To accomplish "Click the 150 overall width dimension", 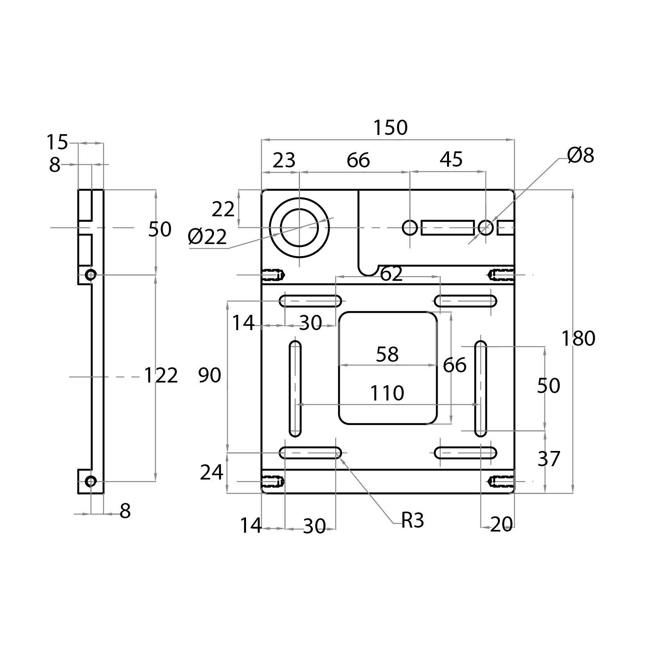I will pyautogui.click(x=390, y=128).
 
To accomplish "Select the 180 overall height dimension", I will pyautogui.click(x=578, y=339).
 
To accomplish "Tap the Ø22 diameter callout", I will pyautogui.click(x=207, y=237).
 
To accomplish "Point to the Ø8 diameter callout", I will pyautogui.click(x=580, y=156).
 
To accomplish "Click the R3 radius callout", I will pyautogui.click(x=413, y=521).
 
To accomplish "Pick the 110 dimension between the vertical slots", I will pyautogui.click(x=387, y=393).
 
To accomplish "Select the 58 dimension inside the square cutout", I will pyautogui.click(x=387, y=354).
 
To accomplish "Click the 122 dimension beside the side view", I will pyautogui.click(x=161, y=375).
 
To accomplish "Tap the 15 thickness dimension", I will pyautogui.click(x=57, y=142).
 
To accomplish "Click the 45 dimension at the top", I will pyautogui.click(x=451, y=160).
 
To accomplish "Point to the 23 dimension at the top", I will pyautogui.click(x=284, y=160).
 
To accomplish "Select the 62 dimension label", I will pyautogui.click(x=391, y=274).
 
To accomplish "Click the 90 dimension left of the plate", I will pyautogui.click(x=209, y=375).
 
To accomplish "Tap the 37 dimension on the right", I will pyautogui.click(x=549, y=459).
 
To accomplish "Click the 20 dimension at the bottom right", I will pyautogui.click(x=501, y=525).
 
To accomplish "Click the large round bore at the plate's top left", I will pyautogui.click(x=299, y=228).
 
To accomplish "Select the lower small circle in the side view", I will pyautogui.click(x=91, y=481).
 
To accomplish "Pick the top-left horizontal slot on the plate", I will pyautogui.click(x=310, y=301).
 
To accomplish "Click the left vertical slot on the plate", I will pyautogui.click(x=295, y=389).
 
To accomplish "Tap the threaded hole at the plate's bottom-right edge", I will pyautogui.click(x=502, y=481).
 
